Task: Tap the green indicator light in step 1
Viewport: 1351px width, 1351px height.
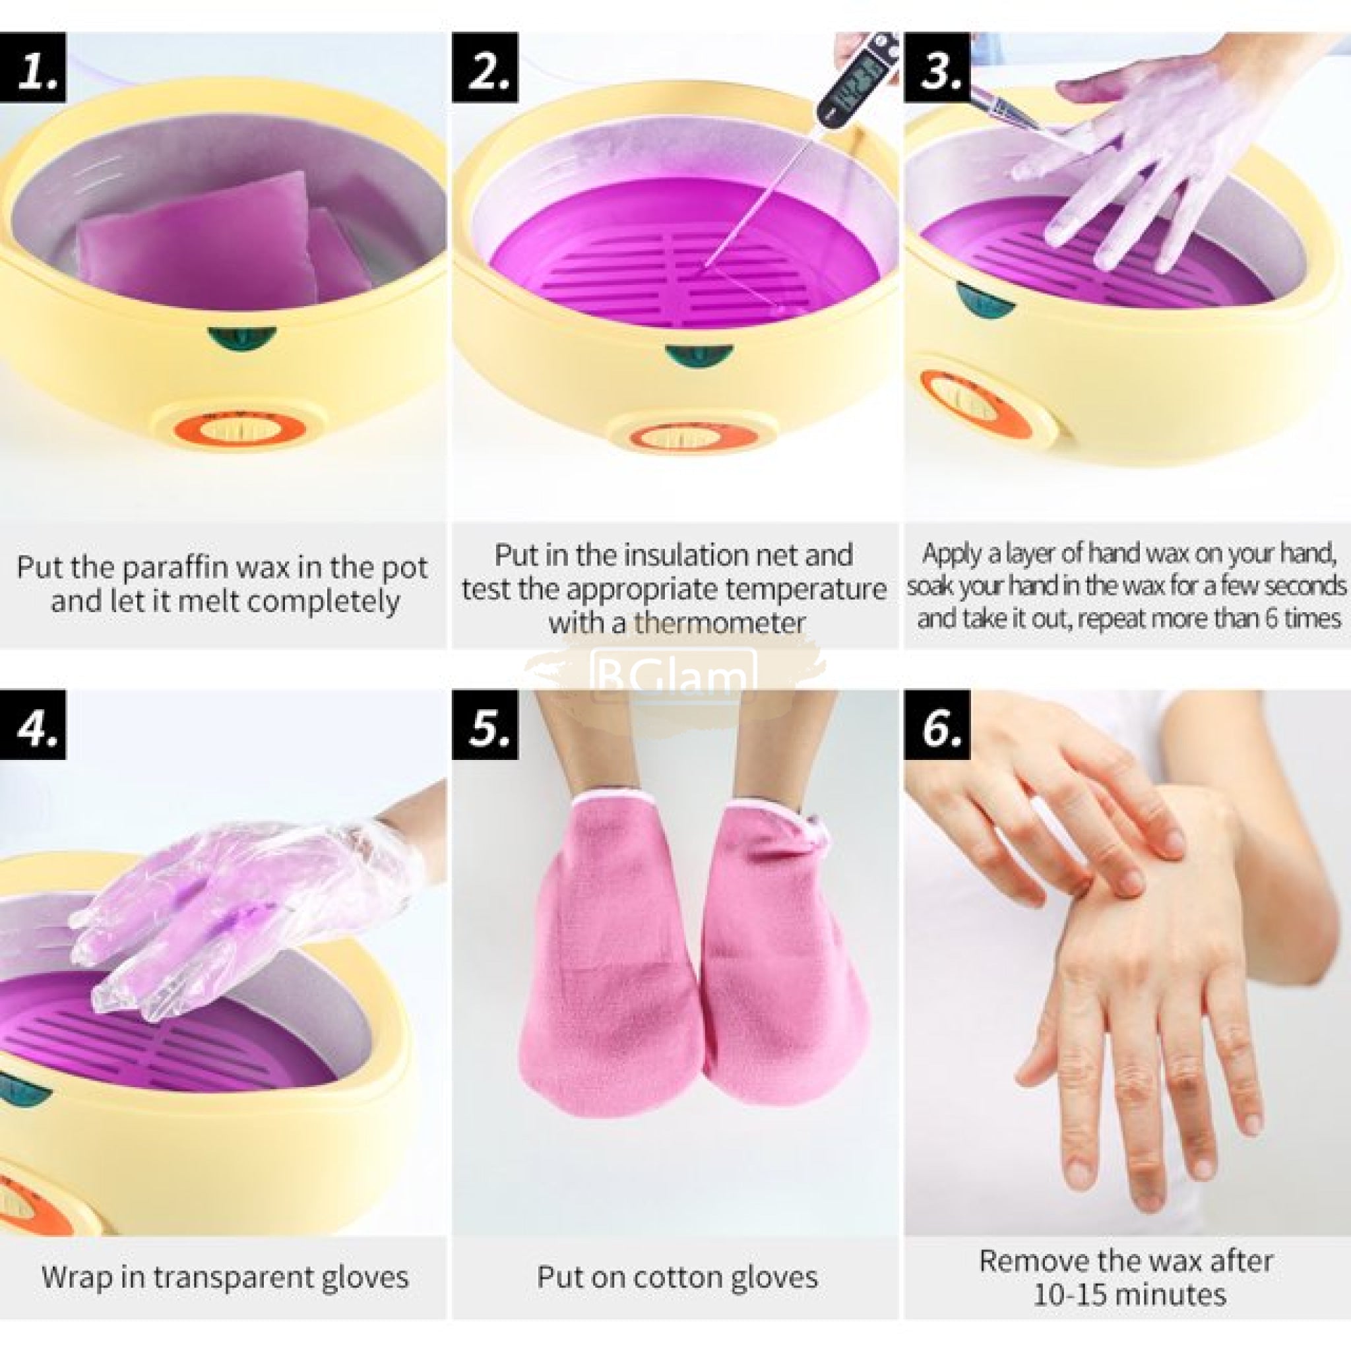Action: click(x=242, y=338)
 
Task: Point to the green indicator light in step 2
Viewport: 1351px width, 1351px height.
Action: click(x=699, y=354)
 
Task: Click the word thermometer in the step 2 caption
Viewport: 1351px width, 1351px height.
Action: click(x=719, y=623)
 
